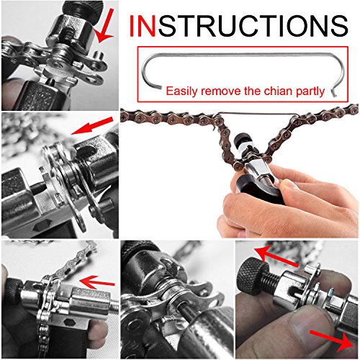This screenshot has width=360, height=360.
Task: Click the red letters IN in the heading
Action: coord(143,26)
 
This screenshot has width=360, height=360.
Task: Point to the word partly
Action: coord(310,92)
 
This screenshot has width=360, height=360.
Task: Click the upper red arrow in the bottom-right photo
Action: coord(276,257)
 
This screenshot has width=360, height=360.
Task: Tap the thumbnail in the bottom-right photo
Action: coord(312,326)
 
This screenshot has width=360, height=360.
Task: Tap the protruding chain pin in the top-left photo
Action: coord(98,56)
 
